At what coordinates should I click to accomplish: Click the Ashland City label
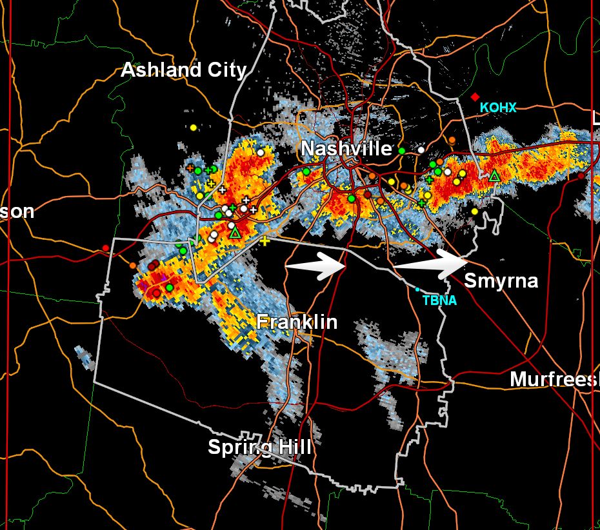point(184,70)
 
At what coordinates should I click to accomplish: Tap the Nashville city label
point(346,149)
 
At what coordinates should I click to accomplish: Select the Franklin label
point(297,321)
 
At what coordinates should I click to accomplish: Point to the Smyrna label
point(501,281)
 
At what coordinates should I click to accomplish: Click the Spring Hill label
point(259,447)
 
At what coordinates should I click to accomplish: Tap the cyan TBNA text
point(439,300)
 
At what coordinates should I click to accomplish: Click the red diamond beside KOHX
point(475,97)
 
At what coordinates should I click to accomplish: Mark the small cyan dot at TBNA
point(417,290)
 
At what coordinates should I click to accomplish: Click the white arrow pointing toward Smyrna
point(430,263)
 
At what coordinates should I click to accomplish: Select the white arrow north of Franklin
point(317,265)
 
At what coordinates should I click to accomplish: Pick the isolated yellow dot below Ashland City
point(193,128)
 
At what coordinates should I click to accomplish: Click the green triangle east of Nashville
point(494,175)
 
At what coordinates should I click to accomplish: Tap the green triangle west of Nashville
point(235,232)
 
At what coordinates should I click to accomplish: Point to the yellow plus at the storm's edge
point(265,240)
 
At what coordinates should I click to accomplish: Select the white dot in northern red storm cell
point(261,152)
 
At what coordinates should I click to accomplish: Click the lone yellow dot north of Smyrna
point(475,211)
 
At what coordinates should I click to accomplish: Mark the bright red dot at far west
point(106,248)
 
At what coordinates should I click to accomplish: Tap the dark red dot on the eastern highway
point(581,175)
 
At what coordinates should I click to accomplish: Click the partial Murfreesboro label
point(554,379)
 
